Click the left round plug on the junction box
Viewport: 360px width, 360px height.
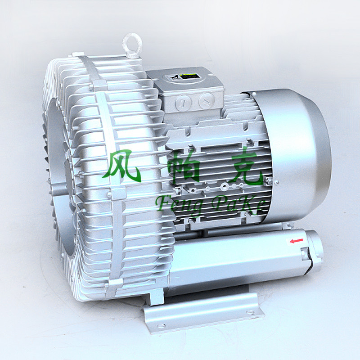point(183,103)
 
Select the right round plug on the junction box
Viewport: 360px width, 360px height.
point(207,100)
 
